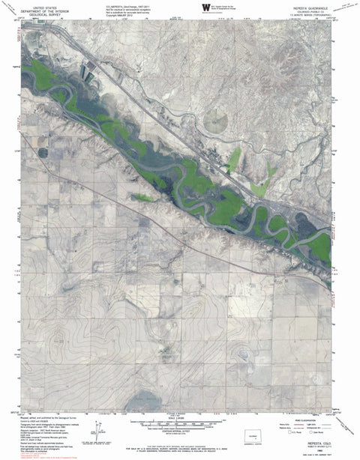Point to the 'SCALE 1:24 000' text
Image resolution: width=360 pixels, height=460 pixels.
pyautogui.click(x=179, y=417)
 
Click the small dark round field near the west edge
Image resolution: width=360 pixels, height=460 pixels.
pyautogui.click(x=43, y=153)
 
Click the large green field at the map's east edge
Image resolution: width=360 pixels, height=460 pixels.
pyautogui.click(x=321, y=245)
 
